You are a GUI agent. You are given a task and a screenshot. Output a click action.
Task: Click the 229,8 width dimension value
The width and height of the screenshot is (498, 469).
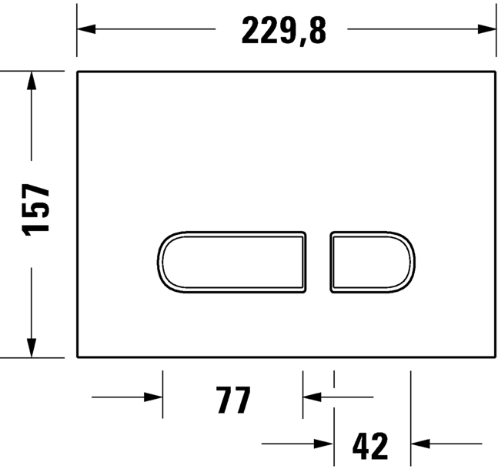[x=284, y=32]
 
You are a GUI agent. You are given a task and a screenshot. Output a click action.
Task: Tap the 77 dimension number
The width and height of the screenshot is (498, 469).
[x=233, y=400]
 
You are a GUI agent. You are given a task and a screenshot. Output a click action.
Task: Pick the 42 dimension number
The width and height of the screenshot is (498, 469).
[x=371, y=446]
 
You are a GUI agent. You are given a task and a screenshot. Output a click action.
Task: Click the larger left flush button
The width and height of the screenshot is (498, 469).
[x=233, y=262]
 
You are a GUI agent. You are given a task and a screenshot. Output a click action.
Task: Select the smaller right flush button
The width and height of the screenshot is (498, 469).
[x=372, y=262]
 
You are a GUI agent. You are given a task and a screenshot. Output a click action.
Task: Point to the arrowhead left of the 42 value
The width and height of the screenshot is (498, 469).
[x=325, y=444]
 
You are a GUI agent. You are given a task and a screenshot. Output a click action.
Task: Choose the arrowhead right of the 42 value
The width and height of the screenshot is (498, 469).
[x=419, y=444]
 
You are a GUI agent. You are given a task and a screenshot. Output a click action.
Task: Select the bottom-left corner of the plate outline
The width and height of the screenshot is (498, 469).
[x=79, y=357]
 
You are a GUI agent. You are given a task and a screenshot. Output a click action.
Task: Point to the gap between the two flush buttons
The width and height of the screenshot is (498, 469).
[x=319, y=262]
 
